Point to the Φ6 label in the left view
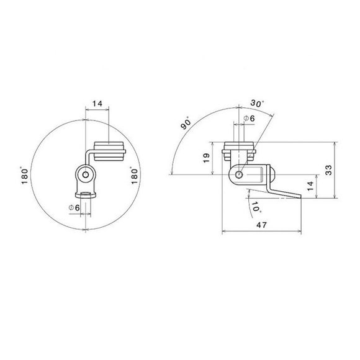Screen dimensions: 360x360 point(73,207)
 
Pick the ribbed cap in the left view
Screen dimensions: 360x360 point(109,150)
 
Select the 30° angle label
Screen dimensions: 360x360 point(256,103)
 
